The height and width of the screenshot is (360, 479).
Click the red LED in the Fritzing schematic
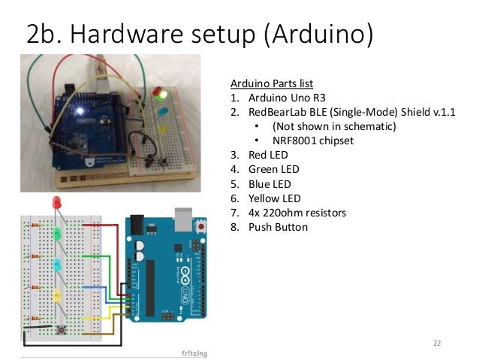coord(56,203)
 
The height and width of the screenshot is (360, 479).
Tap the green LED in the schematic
coord(56,234)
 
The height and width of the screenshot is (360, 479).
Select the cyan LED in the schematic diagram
coord(56,265)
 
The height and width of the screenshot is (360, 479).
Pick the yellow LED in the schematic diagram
coord(56,295)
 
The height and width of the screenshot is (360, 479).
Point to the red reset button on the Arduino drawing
coord(202,225)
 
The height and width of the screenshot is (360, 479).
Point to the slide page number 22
coord(437,343)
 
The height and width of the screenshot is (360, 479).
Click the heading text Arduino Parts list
coord(271,83)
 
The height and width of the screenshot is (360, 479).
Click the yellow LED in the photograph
coord(163,129)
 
